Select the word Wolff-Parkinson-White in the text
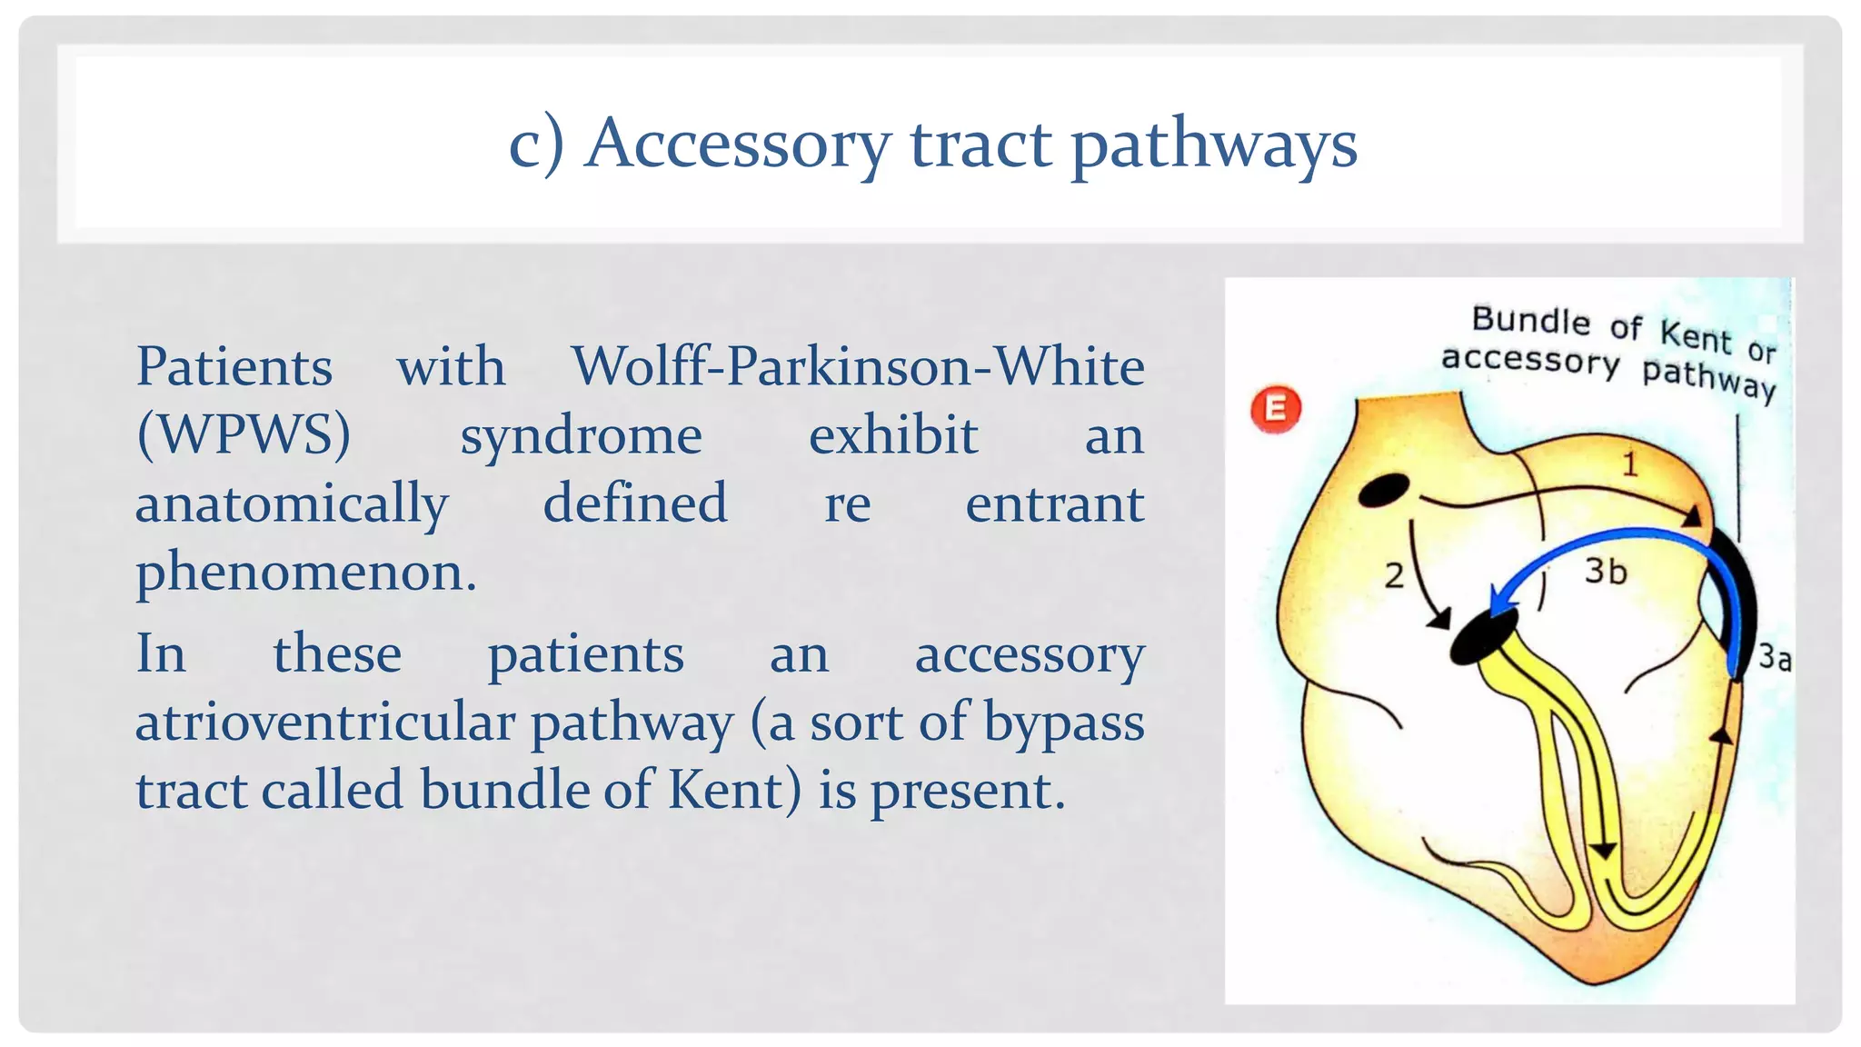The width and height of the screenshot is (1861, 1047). pos(857,367)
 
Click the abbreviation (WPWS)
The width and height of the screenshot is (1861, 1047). pos(243,435)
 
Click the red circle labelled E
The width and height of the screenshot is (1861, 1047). pos(1275,409)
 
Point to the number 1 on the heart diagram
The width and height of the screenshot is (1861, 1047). pos(1630,464)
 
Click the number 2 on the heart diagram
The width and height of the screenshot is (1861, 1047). pos(1394,575)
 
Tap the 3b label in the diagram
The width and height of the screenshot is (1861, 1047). pos(1605,572)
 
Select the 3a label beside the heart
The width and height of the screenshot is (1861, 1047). pos(1774,657)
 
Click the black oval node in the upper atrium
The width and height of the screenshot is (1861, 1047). pos(1383,491)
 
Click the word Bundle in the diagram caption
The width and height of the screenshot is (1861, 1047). pos(1530,320)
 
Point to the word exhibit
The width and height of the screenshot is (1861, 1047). pos(893,435)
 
